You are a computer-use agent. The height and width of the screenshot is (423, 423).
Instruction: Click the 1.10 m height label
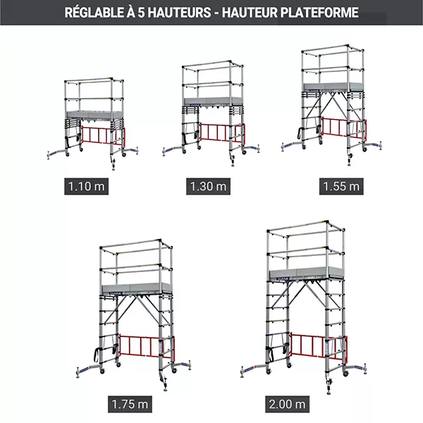[86, 186]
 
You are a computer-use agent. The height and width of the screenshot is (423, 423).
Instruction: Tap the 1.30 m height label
[208, 186]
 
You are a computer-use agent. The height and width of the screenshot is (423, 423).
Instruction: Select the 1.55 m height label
[341, 186]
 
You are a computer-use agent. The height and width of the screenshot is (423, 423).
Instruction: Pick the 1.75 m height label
[130, 404]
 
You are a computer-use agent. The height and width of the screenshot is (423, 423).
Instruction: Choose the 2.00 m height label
[288, 404]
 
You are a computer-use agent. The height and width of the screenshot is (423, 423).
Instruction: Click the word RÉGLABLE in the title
[94, 13]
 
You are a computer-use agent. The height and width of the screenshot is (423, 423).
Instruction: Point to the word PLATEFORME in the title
[319, 13]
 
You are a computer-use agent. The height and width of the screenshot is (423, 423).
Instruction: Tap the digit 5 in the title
[141, 13]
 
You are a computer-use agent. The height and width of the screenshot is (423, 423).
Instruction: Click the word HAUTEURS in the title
[179, 13]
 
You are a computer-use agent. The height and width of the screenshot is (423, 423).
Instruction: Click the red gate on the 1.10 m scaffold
[103, 135]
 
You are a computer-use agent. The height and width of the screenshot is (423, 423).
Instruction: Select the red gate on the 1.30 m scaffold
[223, 133]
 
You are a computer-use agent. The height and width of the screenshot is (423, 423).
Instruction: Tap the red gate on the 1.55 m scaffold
[343, 128]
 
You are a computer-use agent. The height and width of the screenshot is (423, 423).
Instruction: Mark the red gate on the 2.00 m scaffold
[319, 347]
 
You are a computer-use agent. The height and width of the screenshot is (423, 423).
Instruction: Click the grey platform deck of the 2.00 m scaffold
[307, 273]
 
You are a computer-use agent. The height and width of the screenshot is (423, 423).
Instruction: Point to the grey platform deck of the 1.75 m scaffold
[137, 288]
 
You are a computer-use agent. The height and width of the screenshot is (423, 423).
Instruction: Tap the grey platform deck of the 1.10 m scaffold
[94, 114]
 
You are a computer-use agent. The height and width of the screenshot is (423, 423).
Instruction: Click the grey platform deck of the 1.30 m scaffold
[213, 101]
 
